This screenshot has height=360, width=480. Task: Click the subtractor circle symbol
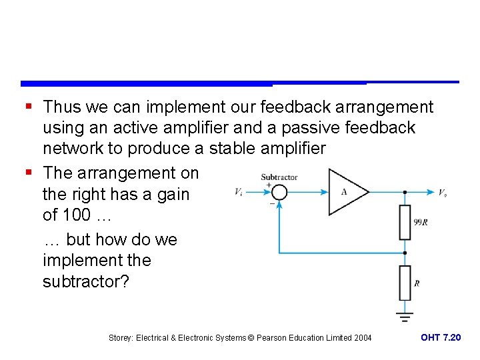[x=279, y=192]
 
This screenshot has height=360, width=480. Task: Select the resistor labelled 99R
[x=405, y=223]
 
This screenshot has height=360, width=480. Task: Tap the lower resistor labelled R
[x=405, y=283]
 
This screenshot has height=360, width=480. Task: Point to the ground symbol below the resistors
[x=405, y=313]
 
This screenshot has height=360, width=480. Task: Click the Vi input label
[x=239, y=192]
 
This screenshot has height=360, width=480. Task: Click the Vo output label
[x=442, y=192]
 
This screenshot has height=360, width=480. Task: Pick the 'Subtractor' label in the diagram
[x=279, y=177]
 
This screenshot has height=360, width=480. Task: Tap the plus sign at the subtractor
[x=269, y=185]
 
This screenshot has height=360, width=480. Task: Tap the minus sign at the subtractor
[x=272, y=203]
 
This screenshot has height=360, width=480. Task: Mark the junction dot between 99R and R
[x=405, y=253]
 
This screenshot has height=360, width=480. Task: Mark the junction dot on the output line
[x=405, y=192]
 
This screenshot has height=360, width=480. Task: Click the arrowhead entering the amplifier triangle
[x=325, y=192]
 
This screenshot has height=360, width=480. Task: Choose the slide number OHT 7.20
[x=441, y=338]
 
